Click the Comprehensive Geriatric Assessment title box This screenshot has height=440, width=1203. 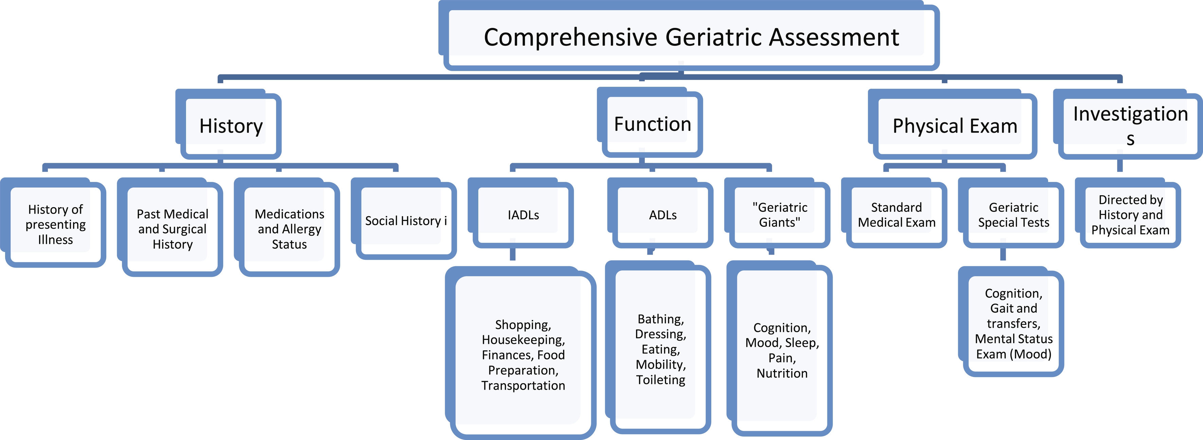pyautogui.click(x=691, y=37)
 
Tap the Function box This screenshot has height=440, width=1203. pyautogui.click(x=652, y=124)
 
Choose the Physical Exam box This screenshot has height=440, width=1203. pyautogui.click(x=954, y=126)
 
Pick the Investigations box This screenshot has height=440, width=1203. pyautogui.click(x=1130, y=125)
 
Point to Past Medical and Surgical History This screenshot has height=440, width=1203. pyautogui.click(x=172, y=229)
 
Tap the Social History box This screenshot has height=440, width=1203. pyautogui.click(x=405, y=221)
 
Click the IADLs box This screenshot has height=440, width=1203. pyautogui.click(x=523, y=215)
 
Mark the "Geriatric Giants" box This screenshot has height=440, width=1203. pyautogui.click(x=780, y=215)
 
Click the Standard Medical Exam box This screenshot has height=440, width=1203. pyautogui.click(x=897, y=215)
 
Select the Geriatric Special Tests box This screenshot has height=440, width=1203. pyautogui.click(x=1014, y=215)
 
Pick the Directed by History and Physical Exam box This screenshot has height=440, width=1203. pyautogui.click(x=1130, y=215)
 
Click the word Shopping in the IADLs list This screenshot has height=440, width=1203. pyautogui.click(x=523, y=324)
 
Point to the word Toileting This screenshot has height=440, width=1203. pyautogui.click(x=660, y=380)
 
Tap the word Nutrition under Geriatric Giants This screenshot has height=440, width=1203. pyautogui.click(x=782, y=373)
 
